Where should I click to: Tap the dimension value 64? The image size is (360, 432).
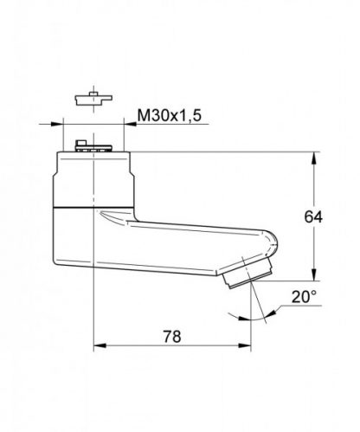[x=312, y=216]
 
